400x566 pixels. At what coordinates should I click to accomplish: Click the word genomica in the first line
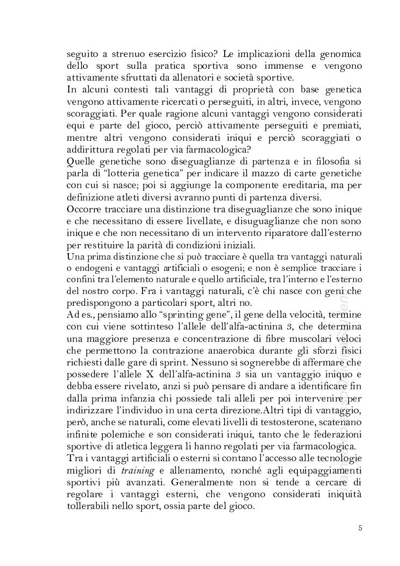coord(337,54)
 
